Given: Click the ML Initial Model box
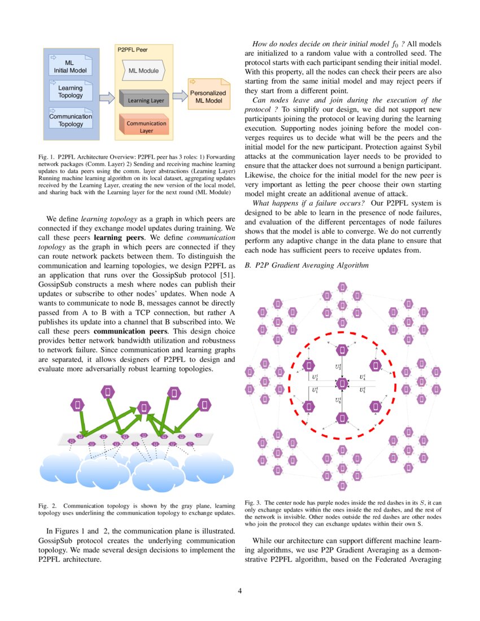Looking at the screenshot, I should click(70, 66).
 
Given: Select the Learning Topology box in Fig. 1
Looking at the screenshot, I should click(70, 91).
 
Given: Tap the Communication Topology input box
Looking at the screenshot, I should click(71, 120).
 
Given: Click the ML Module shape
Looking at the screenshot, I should click(143, 71).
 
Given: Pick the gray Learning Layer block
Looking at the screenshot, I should click(146, 100).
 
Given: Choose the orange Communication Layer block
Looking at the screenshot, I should click(146, 126).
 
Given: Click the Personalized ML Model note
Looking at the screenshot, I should click(208, 96).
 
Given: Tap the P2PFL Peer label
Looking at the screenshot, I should click(132, 50).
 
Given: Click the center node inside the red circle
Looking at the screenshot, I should click(342, 384).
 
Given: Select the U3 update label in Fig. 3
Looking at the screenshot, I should click(338, 368).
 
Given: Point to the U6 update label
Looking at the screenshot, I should click(338, 400).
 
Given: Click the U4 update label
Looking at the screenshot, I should click(363, 377).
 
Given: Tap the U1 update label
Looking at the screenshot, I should click(315, 390).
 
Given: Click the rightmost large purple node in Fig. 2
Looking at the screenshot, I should click(204, 404).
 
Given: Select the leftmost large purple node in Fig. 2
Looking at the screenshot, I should click(77, 404).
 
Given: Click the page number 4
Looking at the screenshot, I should click(240, 591).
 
